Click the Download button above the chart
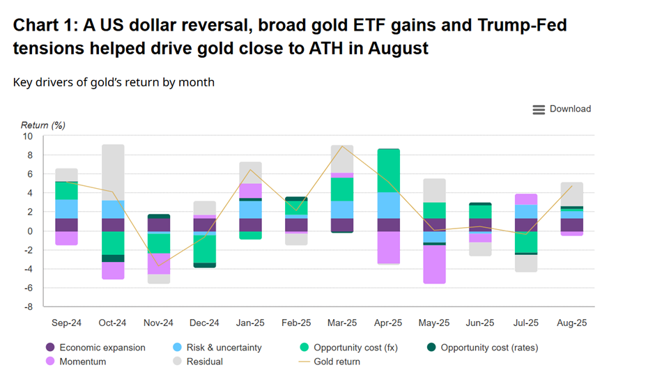(562, 109)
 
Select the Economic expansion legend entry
(102, 348)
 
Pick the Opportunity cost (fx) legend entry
(356, 348)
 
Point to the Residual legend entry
(204, 362)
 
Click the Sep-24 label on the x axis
(67, 323)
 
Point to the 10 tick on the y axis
(28, 137)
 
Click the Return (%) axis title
(43, 125)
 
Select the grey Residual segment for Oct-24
(113, 172)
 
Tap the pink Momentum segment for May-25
(435, 264)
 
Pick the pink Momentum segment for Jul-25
(526, 199)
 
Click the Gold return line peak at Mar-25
(341, 146)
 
